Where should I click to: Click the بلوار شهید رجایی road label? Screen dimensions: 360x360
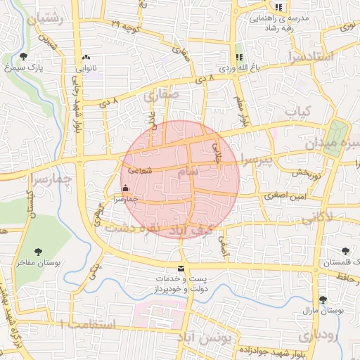77,105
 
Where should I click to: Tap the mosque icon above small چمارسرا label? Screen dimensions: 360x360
126,188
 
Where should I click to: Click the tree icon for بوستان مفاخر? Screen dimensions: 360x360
38,251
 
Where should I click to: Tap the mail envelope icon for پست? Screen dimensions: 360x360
181,269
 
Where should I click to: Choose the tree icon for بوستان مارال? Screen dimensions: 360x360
322,300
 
